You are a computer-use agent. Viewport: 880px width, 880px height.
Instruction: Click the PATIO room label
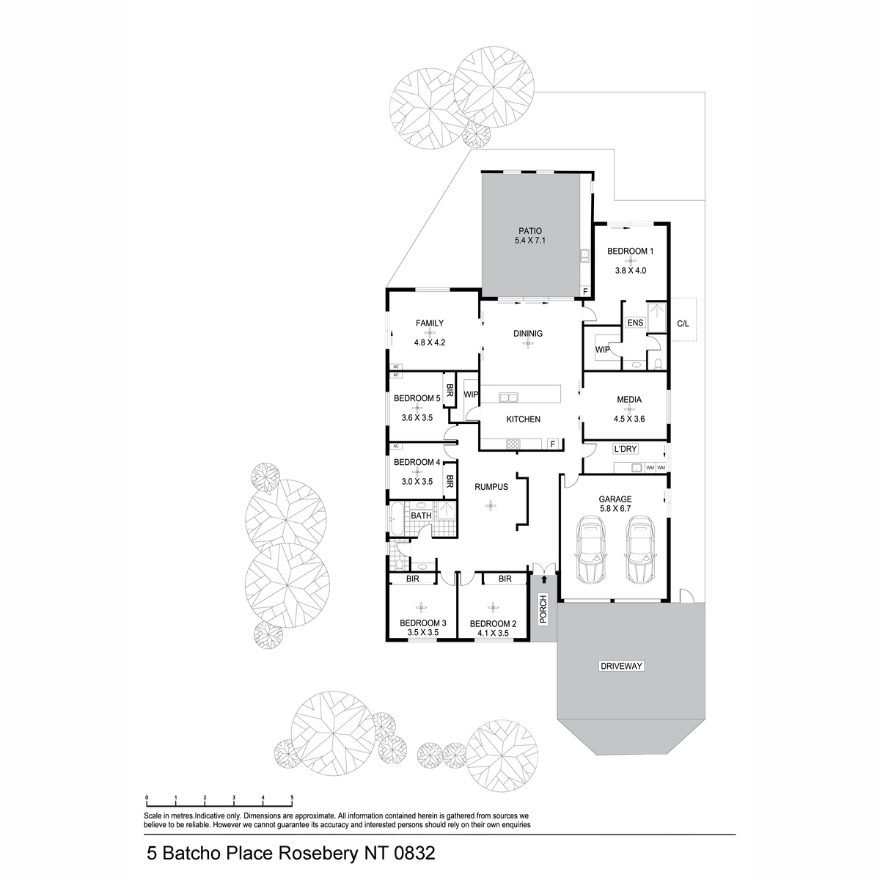point(529,231)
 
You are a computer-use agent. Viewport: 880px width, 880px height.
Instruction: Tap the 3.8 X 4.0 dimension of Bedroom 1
point(630,271)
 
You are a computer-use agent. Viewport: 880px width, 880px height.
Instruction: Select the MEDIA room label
point(628,400)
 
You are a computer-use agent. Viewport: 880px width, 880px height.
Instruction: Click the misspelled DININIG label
point(528,334)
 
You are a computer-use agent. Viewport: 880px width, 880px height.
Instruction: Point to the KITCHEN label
point(524,419)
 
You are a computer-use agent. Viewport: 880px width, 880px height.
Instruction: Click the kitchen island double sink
point(508,397)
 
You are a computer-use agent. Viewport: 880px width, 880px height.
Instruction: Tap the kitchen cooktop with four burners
point(513,444)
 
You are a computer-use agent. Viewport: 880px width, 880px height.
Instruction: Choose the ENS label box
point(635,323)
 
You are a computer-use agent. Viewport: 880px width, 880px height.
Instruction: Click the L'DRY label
point(626,449)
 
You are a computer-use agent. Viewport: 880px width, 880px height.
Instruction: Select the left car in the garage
point(592,550)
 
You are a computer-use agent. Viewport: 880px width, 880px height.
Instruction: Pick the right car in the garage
point(641,550)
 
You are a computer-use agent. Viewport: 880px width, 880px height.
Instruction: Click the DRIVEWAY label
point(621,666)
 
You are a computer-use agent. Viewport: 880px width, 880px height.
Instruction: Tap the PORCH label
point(543,609)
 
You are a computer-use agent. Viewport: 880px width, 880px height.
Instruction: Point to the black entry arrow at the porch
point(544,579)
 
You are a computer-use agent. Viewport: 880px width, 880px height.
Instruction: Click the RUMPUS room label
point(491,487)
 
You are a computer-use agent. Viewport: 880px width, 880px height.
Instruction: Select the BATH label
point(421,516)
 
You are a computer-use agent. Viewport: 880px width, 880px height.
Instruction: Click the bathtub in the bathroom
point(396,518)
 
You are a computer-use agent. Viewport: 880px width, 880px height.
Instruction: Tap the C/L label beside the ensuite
point(683,324)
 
